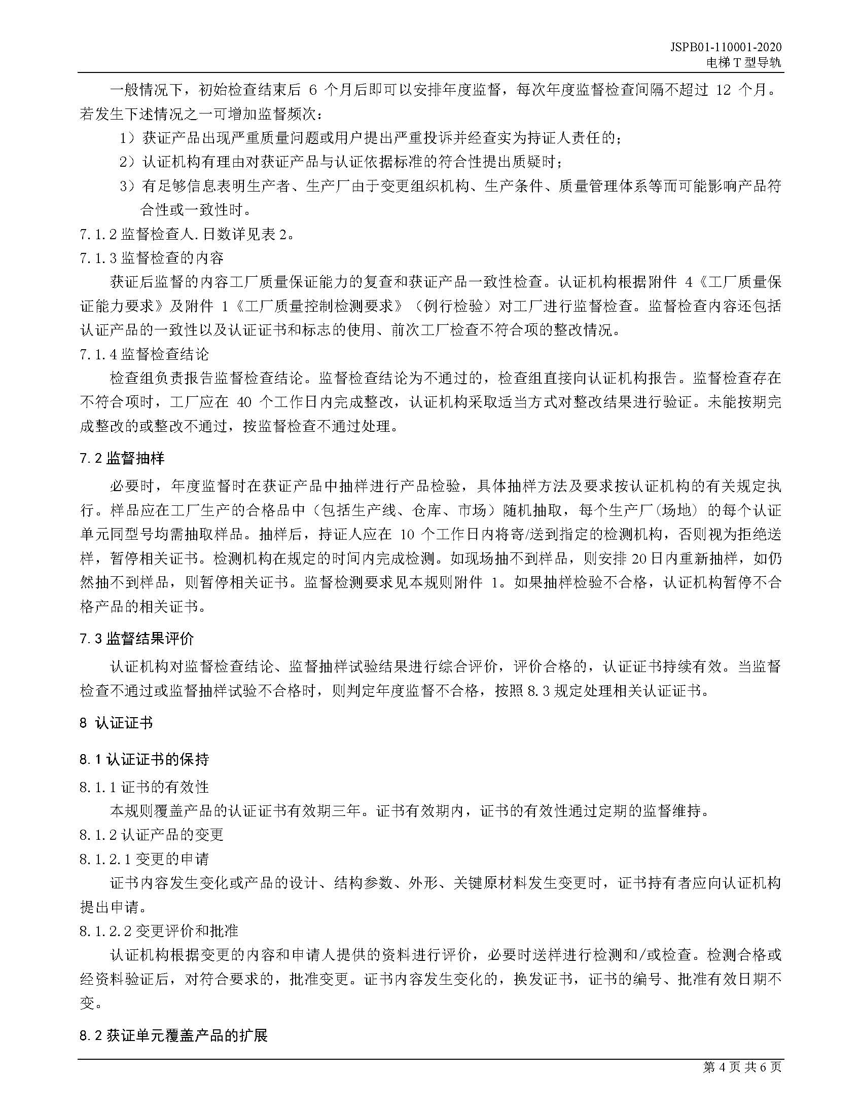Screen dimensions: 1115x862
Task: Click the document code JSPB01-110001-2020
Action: point(726,48)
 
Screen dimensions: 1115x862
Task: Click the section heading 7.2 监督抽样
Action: point(122,459)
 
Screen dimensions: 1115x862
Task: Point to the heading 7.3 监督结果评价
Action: point(136,638)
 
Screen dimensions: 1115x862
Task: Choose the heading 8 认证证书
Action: point(116,723)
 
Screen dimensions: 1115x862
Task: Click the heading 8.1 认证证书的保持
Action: point(144,759)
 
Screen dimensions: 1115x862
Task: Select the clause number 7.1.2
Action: point(98,234)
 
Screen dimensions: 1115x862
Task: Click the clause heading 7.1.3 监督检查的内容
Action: point(152,258)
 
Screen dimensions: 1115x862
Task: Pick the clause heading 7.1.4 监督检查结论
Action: point(145,354)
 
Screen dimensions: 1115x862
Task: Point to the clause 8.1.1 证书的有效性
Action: point(144,787)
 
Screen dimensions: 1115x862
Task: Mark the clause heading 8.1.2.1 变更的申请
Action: point(144,859)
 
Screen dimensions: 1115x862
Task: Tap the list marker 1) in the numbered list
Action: point(128,138)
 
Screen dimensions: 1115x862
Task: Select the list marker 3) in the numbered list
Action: point(128,187)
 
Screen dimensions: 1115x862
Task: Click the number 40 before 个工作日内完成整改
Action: point(244,402)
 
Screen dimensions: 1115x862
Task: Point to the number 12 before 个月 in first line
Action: point(724,90)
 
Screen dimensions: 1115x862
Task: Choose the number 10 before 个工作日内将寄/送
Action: point(408,535)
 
